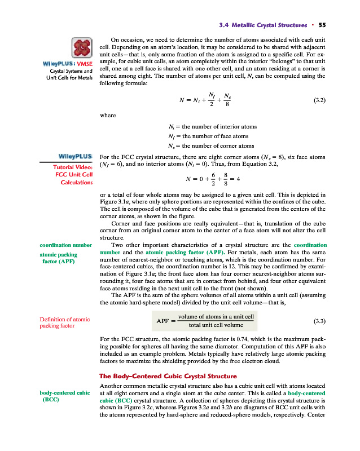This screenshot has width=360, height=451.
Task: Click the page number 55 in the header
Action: point(322,25)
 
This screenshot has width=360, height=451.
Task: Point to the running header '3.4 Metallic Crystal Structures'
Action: point(265,25)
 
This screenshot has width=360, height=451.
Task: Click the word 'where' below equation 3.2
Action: point(107,115)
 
